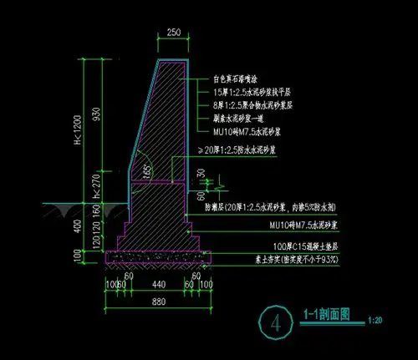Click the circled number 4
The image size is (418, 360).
pos(274,322)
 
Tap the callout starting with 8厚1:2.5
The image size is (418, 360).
pos(247,105)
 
